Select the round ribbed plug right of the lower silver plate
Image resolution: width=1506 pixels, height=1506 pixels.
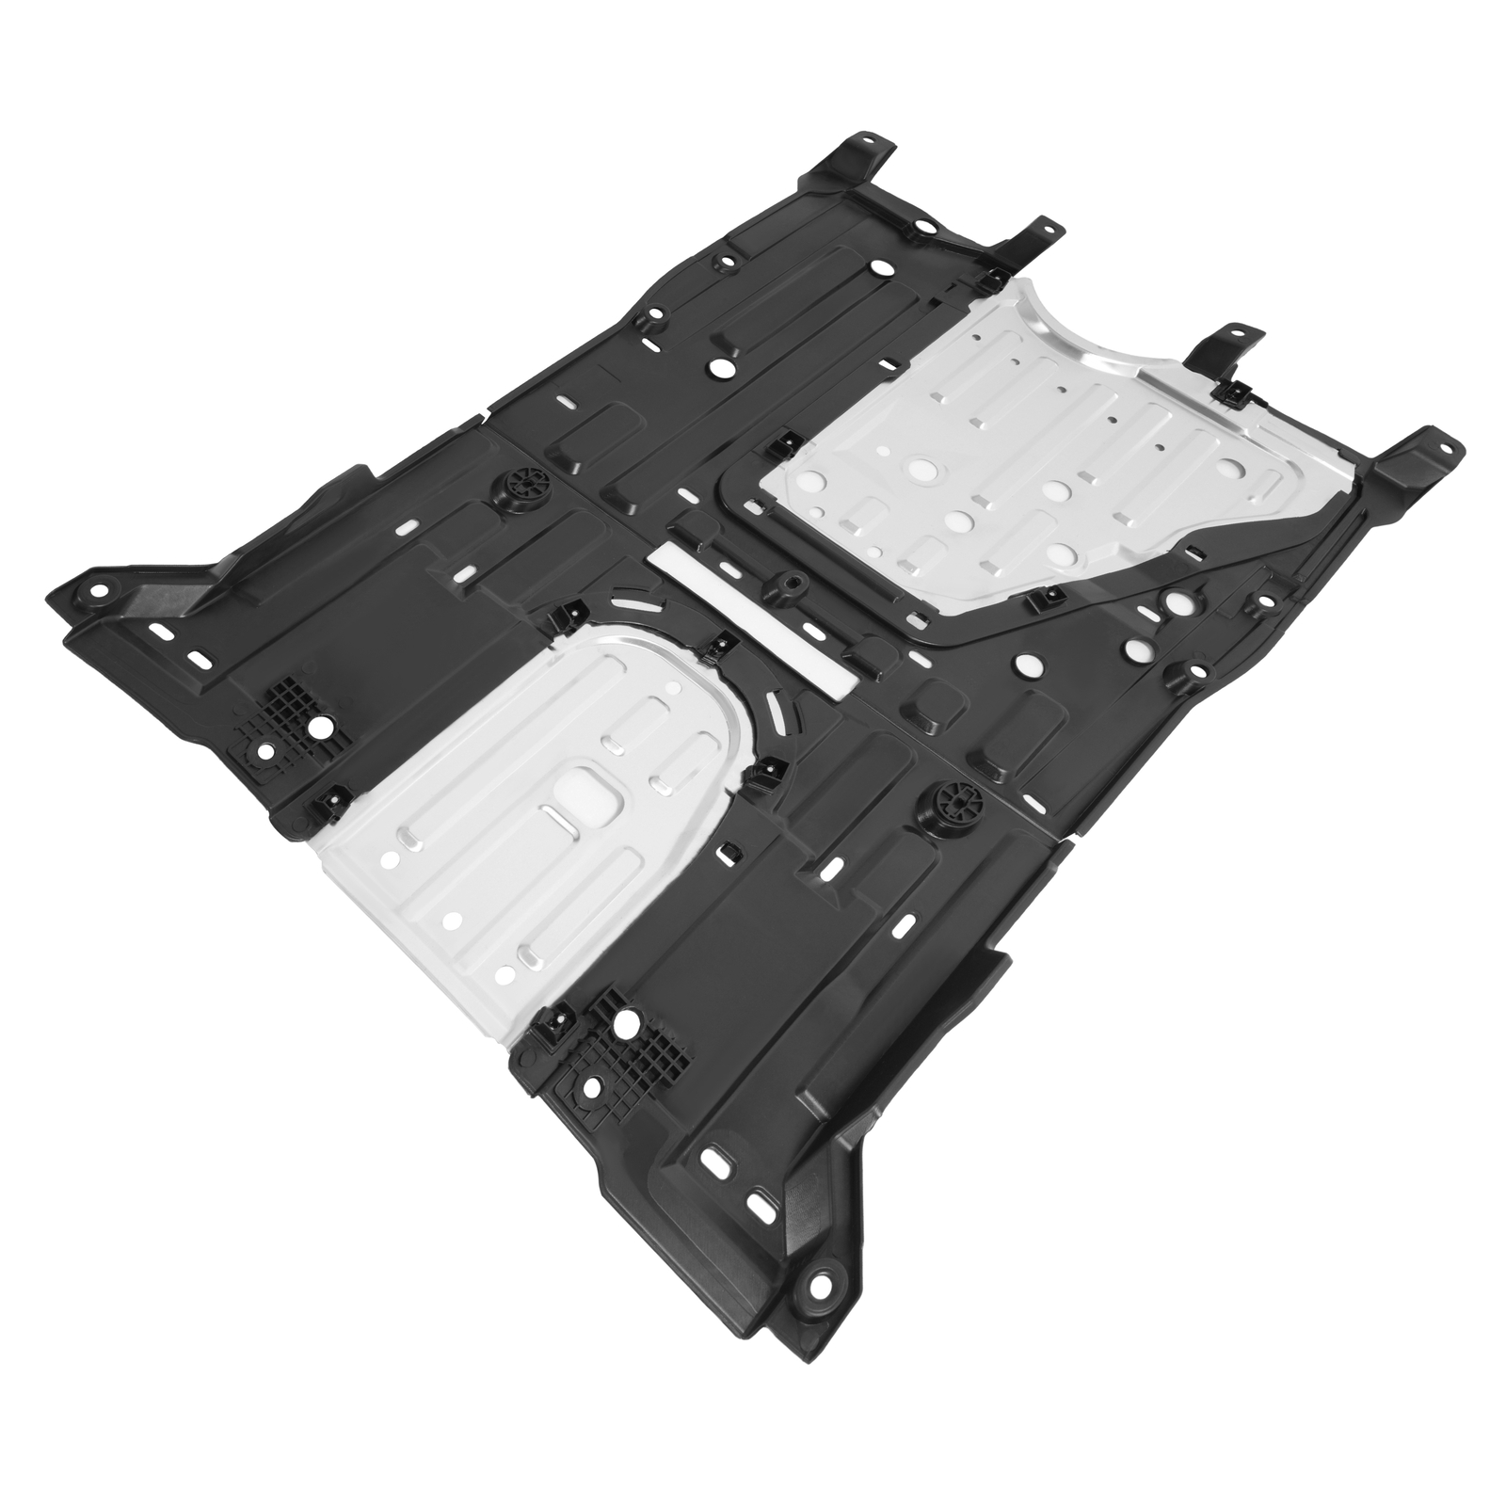(x=956, y=805)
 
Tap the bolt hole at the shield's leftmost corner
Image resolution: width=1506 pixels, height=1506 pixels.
(x=97, y=592)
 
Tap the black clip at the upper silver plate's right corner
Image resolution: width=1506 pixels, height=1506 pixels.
(x=1233, y=395)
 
